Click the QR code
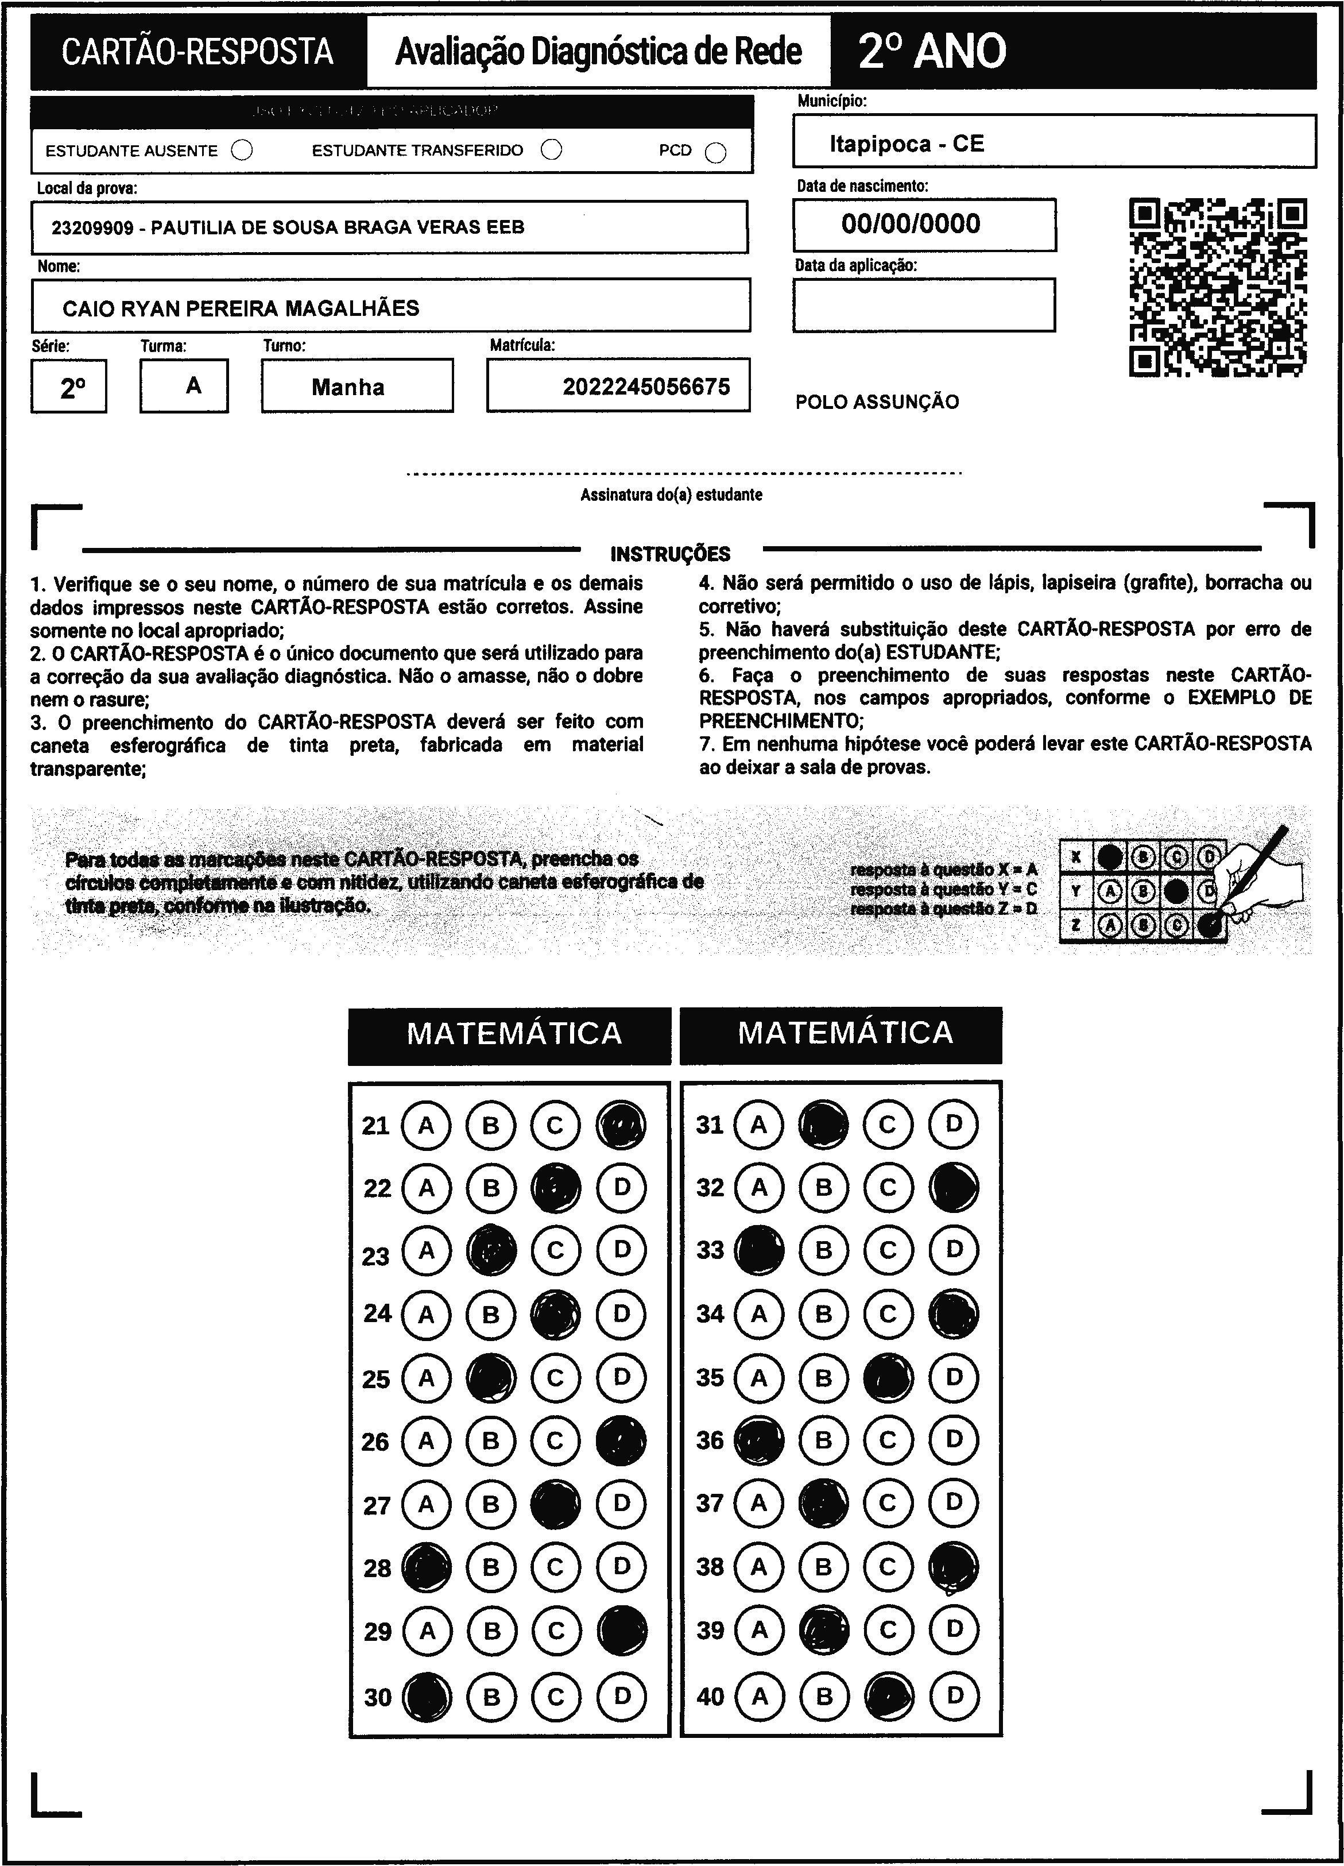coord(1218,287)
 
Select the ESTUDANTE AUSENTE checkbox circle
coord(242,150)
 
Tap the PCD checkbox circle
coord(715,153)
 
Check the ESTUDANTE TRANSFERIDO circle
coord(552,150)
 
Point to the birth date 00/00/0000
coord(911,224)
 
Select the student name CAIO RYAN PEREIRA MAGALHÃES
coord(241,308)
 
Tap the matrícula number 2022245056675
coord(646,387)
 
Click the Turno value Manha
coord(348,388)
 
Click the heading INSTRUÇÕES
coord(671,554)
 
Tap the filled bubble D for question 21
coord(621,1125)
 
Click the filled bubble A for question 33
coord(759,1250)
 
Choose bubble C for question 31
coord(888,1124)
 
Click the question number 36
coord(710,1440)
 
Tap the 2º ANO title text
coord(932,51)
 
